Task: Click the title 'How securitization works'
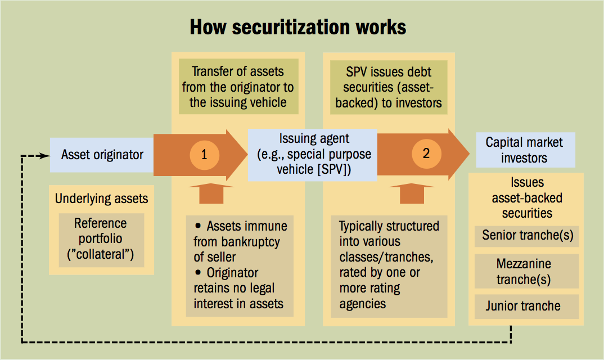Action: [x=298, y=26]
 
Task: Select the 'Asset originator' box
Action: [x=102, y=155]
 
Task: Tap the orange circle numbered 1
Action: [x=204, y=155]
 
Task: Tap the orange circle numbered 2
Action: [x=426, y=154]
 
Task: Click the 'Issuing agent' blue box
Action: [x=312, y=155]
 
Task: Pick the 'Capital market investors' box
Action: [x=524, y=150]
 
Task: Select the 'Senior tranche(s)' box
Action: [x=527, y=235]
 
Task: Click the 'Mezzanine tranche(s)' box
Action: [x=527, y=272]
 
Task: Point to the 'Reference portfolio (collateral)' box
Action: [x=101, y=240]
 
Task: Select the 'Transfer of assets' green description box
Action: [x=238, y=87]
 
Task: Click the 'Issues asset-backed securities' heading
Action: [x=527, y=198]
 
